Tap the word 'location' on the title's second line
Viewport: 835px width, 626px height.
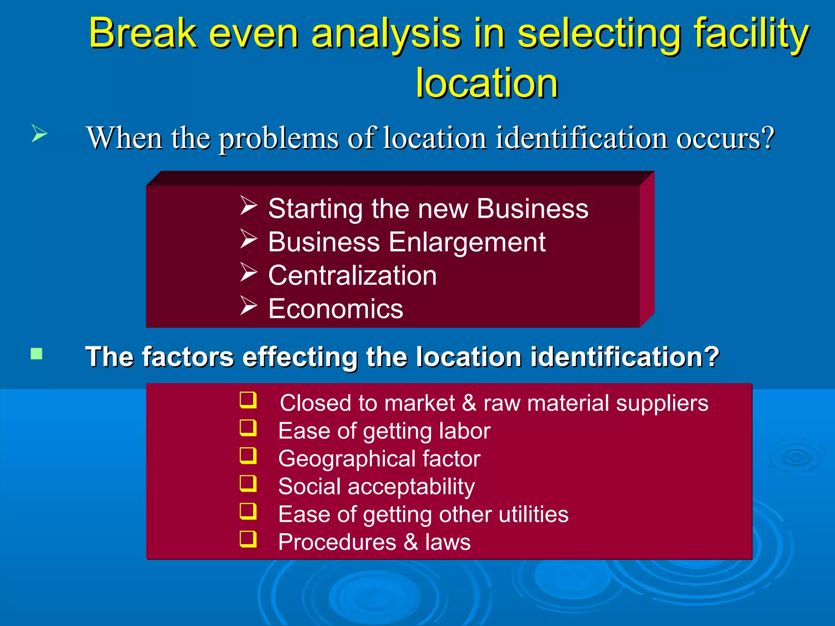coord(486,84)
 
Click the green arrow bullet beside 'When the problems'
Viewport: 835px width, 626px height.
coord(39,134)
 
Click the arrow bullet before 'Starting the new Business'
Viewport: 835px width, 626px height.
coord(248,205)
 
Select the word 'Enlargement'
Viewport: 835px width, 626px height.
coord(467,242)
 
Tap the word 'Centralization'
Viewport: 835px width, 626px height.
coord(352,276)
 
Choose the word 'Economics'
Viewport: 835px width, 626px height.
coord(336,309)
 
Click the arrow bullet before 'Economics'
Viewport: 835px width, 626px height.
coord(248,306)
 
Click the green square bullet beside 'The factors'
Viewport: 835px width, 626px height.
coord(36,353)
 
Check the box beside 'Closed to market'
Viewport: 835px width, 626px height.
coord(248,400)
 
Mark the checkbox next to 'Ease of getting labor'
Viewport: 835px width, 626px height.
coord(248,428)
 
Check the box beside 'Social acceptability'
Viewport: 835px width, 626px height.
coord(248,483)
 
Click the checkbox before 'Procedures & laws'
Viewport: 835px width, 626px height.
coord(248,539)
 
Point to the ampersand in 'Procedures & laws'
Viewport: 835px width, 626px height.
coord(411,542)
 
